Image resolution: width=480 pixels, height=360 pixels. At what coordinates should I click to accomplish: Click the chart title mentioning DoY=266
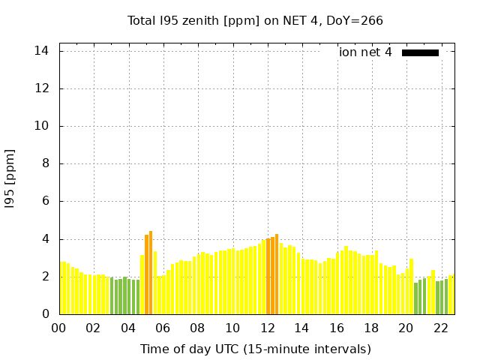pyautogui.click(x=255, y=20)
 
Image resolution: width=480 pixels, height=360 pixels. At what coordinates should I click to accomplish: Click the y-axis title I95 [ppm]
pyautogui.click(x=10, y=178)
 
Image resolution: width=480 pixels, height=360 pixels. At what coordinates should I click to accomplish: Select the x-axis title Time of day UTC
pyautogui.click(x=255, y=349)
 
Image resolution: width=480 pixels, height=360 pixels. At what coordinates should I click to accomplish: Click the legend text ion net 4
pyautogui.click(x=365, y=52)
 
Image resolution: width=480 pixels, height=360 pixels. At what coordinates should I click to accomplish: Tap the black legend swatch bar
pyautogui.click(x=420, y=52)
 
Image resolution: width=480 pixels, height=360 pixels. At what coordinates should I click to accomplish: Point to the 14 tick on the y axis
pyautogui.click(x=41, y=51)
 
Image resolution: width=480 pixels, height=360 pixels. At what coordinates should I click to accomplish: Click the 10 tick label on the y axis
pyautogui.click(x=41, y=126)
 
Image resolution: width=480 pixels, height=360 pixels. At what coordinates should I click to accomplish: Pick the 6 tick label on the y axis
pyautogui.click(x=45, y=201)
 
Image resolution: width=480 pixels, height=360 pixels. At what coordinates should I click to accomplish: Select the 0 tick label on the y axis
pyautogui.click(x=45, y=314)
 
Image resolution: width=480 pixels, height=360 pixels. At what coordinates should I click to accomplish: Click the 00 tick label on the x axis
pyautogui.click(x=58, y=328)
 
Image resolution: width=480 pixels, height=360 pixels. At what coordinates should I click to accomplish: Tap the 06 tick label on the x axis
pyautogui.click(x=163, y=328)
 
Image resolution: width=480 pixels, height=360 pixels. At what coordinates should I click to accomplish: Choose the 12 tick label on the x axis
pyautogui.click(x=267, y=328)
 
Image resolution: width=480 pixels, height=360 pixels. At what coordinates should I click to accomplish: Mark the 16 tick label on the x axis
pyautogui.click(x=337, y=328)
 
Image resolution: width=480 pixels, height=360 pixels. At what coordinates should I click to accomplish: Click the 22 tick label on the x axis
pyautogui.click(x=441, y=328)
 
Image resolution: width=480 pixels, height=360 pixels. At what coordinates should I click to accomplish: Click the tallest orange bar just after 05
pyautogui.click(x=151, y=273)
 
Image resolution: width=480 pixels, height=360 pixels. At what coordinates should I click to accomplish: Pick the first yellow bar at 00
pyautogui.click(x=63, y=288)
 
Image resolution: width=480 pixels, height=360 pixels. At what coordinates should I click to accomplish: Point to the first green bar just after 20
pyautogui.click(x=415, y=298)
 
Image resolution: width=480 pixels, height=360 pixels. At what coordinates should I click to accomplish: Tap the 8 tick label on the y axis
pyautogui.click(x=45, y=163)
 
